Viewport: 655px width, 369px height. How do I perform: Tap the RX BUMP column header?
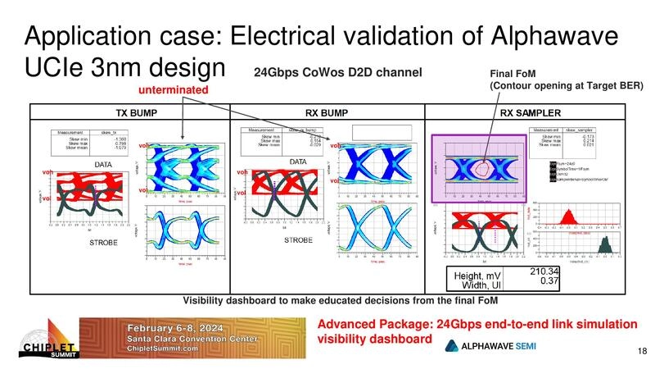[327, 112]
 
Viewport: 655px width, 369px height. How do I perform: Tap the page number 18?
[641, 352]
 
